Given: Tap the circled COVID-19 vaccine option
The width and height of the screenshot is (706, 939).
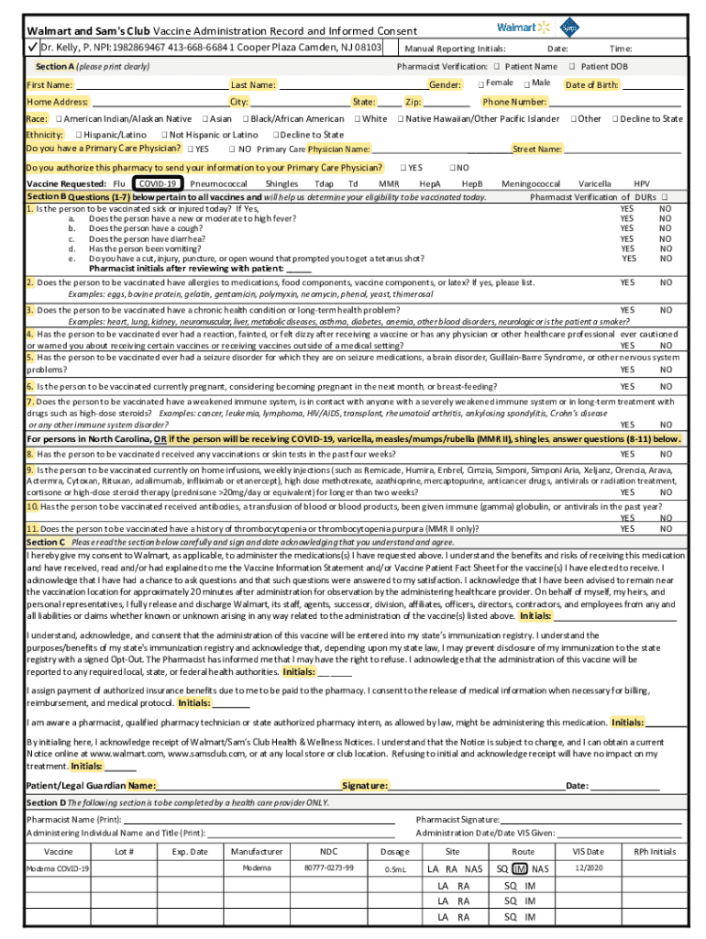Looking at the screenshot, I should click(157, 184).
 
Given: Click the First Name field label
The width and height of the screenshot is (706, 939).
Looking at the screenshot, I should click(50, 84).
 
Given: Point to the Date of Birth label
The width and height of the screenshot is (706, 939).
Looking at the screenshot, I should click(591, 84).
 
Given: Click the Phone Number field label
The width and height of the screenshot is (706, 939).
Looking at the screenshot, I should click(514, 102).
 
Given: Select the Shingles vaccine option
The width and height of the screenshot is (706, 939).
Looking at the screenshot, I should click(281, 184).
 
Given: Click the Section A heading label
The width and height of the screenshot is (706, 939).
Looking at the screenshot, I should click(54, 67).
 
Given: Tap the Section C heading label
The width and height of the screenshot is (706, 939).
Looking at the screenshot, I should click(46, 542).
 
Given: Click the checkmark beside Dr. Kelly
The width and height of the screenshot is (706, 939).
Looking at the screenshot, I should click(31, 47).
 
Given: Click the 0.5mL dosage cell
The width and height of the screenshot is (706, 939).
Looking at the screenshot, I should click(395, 868).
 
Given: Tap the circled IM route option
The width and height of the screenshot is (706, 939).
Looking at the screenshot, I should click(520, 868).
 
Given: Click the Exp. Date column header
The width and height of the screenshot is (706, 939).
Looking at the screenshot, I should click(189, 851).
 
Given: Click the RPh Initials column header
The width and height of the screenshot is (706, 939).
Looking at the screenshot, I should click(655, 851).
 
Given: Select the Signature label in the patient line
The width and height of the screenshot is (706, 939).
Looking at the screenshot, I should click(365, 786).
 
